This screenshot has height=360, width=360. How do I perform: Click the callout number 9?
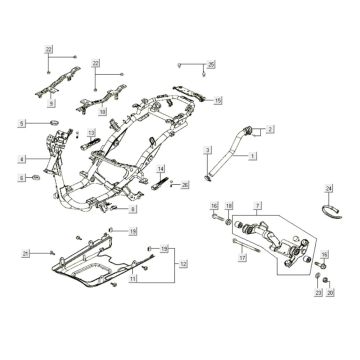[x=53, y=102]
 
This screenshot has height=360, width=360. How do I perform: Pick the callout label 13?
[x=90, y=132]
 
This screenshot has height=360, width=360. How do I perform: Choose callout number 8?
[x=135, y=210]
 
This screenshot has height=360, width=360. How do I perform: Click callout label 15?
[x=218, y=100]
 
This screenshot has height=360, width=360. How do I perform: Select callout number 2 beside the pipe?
[x=270, y=130]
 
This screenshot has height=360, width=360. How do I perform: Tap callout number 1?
[x=253, y=156]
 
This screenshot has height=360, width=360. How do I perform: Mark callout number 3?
[x=207, y=150]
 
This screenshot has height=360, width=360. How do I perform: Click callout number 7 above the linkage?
[x=257, y=203]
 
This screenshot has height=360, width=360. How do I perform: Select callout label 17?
[x=241, y=258]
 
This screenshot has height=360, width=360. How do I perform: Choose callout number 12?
[x=183, y=263]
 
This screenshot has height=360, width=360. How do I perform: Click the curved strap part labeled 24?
[x=329, y=208]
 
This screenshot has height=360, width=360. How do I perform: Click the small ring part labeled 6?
[x=38, y=177]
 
